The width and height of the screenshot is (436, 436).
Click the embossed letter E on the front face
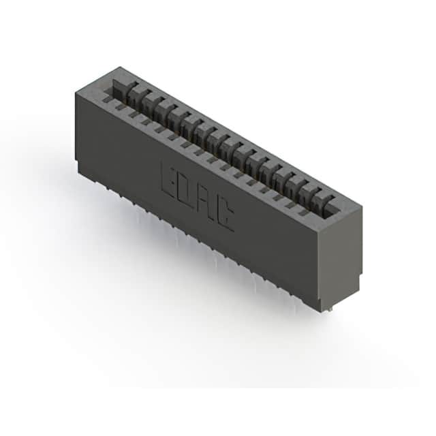point(169,181)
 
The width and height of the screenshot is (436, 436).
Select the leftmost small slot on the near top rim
point(106,99)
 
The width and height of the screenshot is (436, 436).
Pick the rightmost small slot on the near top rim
point(302,213)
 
